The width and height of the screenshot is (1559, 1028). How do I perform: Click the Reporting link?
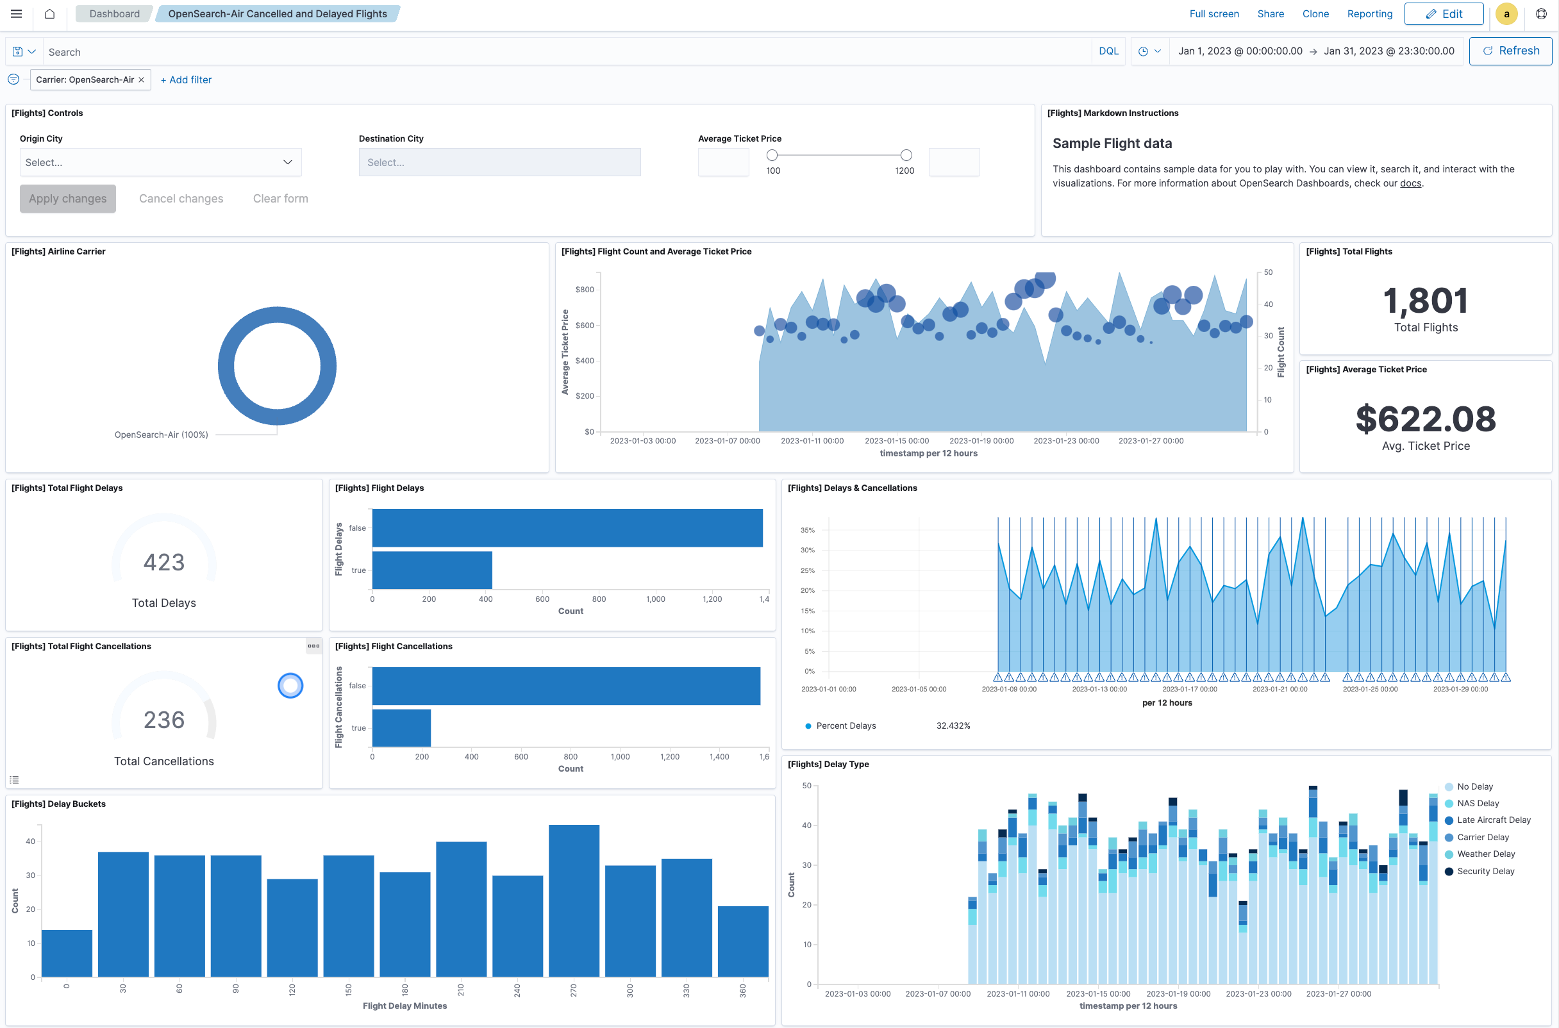[x=1369, y=13]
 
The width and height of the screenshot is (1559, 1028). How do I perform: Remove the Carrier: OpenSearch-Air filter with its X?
[x=142, y=80]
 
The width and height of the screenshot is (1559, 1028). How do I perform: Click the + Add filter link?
[x=186, y=80]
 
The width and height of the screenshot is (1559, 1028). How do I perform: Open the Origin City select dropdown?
[x=160, y=163]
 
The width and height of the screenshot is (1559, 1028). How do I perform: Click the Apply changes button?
[x=67, y=199]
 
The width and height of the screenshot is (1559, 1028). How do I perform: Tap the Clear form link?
[x=280, y=199]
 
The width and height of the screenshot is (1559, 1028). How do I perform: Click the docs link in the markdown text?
[x=1410, y=183]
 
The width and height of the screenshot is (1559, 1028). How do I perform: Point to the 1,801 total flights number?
[x=1425, y=301]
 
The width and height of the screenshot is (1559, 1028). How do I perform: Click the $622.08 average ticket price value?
[x=1425, y=420]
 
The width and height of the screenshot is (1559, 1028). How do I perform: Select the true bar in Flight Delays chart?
[x=431, y=570]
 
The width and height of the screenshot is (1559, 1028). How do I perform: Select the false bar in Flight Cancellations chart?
[x=565, y=686]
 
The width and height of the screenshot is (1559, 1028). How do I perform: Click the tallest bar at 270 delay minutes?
[x=574, y=901]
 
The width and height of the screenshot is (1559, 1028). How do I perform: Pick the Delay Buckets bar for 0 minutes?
[x=67, y=953]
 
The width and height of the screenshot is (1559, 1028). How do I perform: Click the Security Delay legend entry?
[x=1485, y=872]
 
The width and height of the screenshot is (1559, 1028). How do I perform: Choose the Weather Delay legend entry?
[x=1485, y=854]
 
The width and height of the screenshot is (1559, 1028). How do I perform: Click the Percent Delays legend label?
[x=845, y=725]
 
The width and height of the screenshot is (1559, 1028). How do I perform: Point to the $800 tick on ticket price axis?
[x=584, y=290]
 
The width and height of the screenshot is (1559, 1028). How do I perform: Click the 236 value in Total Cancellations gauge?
[x=164, y=720]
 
